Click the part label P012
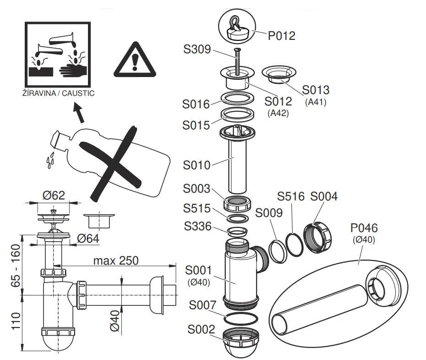tap(282, 35)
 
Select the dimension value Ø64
tap(88, 238)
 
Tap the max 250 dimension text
tap(116, 260)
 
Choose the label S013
tap(316, 89)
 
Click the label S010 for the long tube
tap(197, 165)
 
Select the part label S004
tap(323, 197)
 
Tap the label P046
tap(364, 228)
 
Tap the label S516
tap(291, 197)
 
